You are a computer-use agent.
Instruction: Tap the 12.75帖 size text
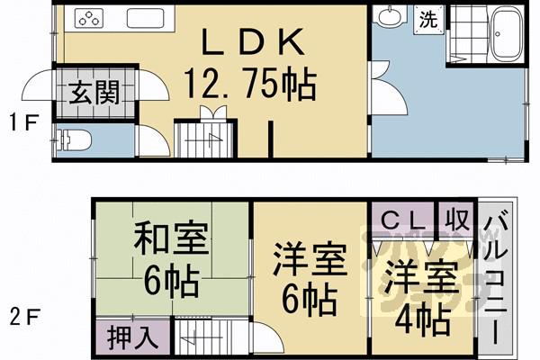tap(249, 85)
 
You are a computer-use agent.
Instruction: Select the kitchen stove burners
tap(91, 18)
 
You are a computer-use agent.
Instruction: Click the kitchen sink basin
tap(145, 18)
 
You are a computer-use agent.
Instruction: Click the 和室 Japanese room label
tap(171, 241)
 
